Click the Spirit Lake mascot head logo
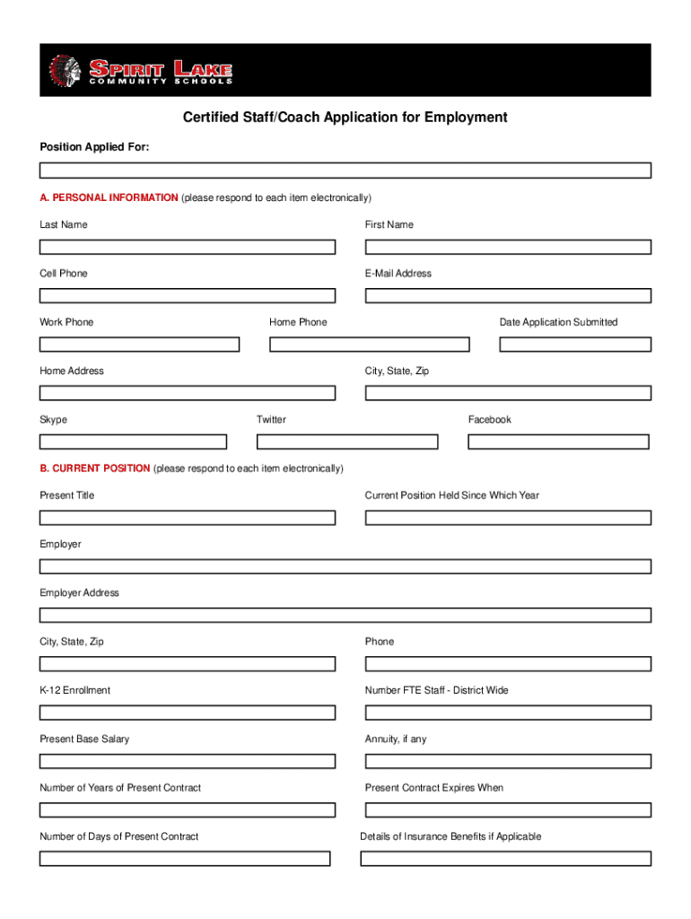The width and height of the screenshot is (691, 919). click(63, 69)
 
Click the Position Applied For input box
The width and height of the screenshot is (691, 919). click(345, 171)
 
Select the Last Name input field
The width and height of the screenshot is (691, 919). click(188, 247)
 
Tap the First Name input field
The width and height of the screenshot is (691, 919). click(508, 247)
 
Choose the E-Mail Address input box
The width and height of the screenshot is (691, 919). click(508, 295)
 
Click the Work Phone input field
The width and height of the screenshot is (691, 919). click(140, 344)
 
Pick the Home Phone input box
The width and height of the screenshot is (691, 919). click(370, 344)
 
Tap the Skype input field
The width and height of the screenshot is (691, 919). click(134, 442)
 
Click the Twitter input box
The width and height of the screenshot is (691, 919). click(347, 442)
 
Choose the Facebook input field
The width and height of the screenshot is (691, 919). click(558, 442)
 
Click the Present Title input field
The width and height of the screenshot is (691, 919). click(188, 518)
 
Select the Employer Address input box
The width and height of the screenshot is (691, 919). click(345, 615)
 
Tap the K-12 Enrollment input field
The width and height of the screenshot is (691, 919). click(188, 713)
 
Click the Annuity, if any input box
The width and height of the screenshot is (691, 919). click(508, 761)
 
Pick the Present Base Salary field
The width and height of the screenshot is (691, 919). click(188, 761)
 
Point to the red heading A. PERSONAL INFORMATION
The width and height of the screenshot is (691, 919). click(109, 197)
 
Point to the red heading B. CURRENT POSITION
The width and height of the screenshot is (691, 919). click(95, 468)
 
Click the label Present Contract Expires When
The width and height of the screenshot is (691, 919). click(434, 788)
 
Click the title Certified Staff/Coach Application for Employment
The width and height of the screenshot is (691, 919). click(345, 118)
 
